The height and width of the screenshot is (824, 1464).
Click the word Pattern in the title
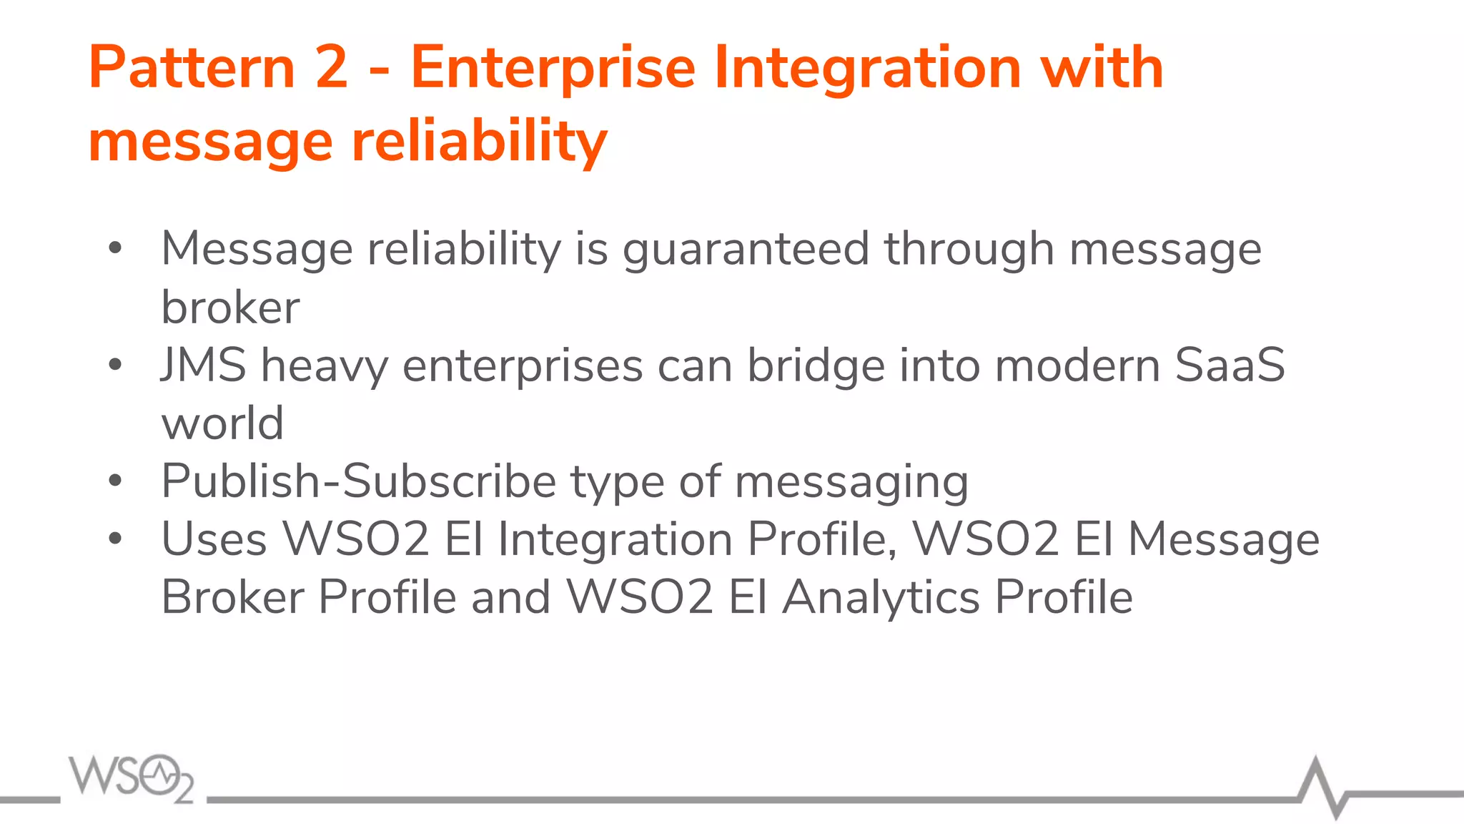pos(192,67)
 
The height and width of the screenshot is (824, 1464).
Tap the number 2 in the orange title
pos(331,67)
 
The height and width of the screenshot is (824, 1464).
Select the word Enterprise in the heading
pos(553,69)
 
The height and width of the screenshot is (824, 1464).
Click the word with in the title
pos(1102,67)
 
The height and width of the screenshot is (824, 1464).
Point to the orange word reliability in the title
pos(480,142)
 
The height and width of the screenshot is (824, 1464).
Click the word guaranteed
pos(746,250)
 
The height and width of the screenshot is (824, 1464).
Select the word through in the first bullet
pos(969,250)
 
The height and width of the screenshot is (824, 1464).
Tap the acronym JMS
pos(204,365)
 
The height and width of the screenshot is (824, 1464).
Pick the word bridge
pos(816,366)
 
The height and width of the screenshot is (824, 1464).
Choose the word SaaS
pos(1230,365)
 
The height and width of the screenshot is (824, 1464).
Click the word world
pos(222,423)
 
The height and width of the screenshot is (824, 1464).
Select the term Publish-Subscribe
pos(358,481)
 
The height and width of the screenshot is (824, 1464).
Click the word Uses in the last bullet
pos(214,539)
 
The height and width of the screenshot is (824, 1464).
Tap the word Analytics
pos(881,598)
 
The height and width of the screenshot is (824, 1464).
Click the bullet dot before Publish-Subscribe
pos(115,481)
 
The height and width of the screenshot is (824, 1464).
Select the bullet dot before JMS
pos(115,365)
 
